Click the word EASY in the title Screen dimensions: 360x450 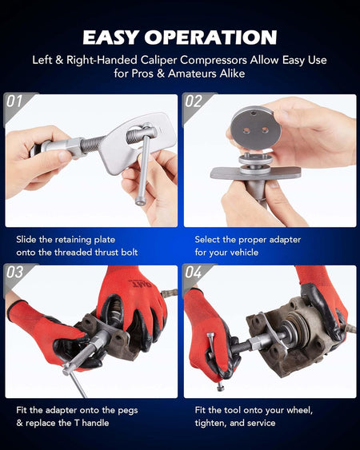tap(111, 38)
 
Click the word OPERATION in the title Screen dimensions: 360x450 tap(210, 38)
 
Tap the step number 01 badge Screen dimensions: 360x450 tap(14, 102)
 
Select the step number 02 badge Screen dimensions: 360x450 tap(194, 102)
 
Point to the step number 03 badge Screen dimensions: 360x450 tap(15, 272)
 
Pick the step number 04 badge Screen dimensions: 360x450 tap(194, 272)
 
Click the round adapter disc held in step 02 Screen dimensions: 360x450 tap(255, 127)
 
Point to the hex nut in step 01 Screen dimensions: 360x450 tap(75, 147)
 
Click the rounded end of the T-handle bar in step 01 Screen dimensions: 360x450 tap(140, 201)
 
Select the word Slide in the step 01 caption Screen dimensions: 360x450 tap(25, 239)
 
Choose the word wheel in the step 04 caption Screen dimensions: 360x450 tap(299, 410)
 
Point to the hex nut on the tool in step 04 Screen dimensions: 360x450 tap(255, 342)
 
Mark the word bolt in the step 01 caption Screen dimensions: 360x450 tap(129, 253)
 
